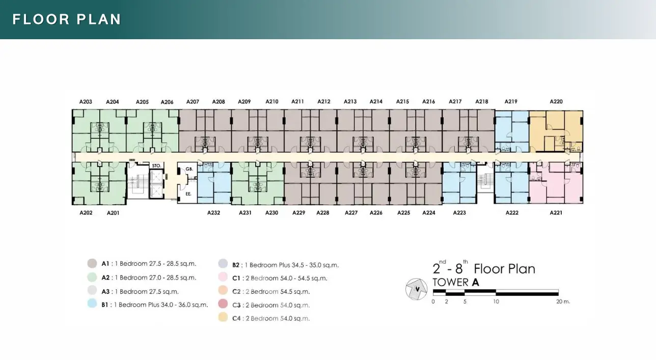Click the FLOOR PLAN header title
point(67,19)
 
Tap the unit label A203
point(86,101)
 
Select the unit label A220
point(556,101)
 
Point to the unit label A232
point(213,213)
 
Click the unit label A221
point(556,213)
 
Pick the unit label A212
point(324,101)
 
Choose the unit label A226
point(376,213)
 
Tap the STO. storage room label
point(156,165)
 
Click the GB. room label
point(189,169)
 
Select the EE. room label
point(188,194)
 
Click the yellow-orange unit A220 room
point(556,131)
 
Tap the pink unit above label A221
point(556,183)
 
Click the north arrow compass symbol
point(417,289)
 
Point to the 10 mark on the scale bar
point(496,301)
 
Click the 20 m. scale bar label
point(563,301)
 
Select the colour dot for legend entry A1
point(92,263)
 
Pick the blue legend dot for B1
point(92,303)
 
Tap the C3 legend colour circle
point(223,303)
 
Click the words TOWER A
point(456,283)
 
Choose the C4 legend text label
point(271,318)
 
